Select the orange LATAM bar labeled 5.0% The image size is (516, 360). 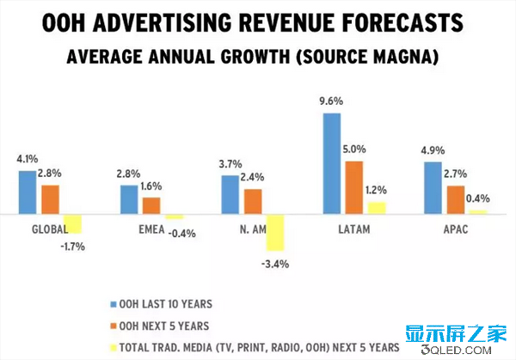[x=354, y=187]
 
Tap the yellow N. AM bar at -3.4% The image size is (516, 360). [x=275, y=233]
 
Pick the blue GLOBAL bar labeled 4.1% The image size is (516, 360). [x=28, y=192]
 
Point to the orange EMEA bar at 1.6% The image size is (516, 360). [x=151, y=205]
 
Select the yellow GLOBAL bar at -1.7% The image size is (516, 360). [x=73, y=223]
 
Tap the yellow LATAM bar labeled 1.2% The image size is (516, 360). [x=377, y=207]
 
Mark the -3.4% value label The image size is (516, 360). [x=275, y=264]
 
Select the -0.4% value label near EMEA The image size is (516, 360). [x=181, y=232]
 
